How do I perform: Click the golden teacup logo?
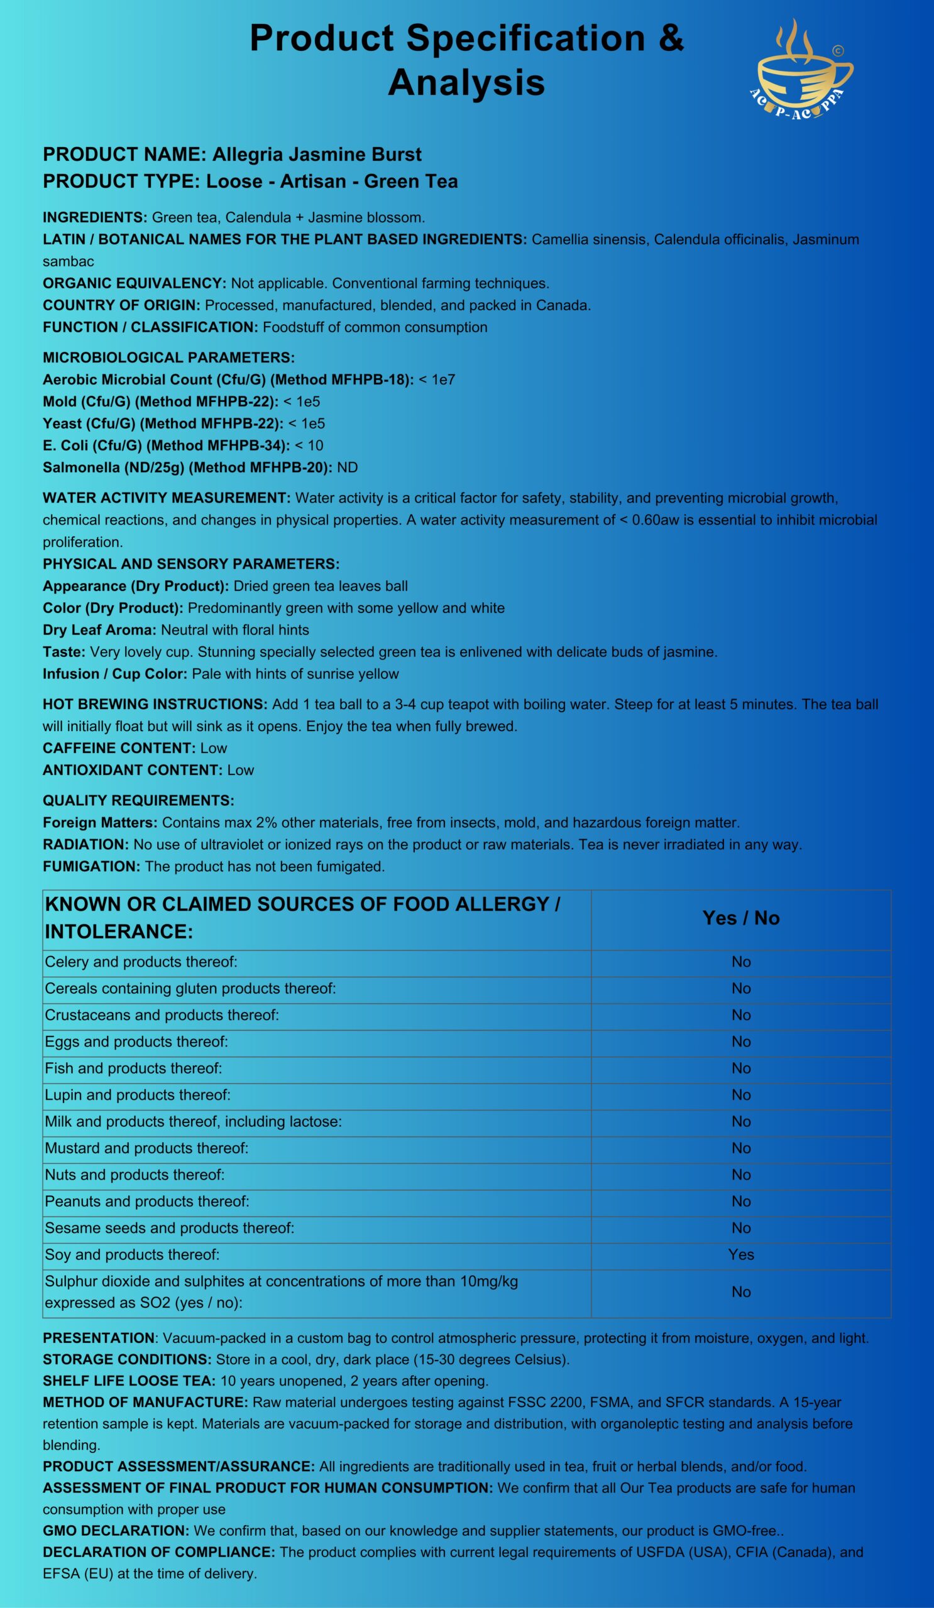(803, 70)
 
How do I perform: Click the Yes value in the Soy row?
(740, 1254)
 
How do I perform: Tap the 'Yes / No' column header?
(740, 918)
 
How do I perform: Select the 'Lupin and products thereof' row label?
(137, 1095)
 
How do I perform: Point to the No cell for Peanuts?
(740, 1202)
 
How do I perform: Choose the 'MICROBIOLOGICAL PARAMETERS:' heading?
(168, 357)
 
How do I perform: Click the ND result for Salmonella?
(348, 468)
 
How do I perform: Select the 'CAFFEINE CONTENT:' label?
(119, 748)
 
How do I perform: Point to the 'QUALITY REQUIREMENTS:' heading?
(138, 800)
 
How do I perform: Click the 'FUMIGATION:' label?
(92, 867)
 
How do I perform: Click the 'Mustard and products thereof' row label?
(146, 1148)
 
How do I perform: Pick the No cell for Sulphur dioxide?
(740, 1291)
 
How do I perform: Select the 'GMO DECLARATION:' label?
(116, 1531)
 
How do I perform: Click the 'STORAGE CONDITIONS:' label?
(127, 1360)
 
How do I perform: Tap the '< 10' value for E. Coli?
(309, 445)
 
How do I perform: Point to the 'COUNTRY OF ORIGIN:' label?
(121, 305)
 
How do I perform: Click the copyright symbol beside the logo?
(838, 50)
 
